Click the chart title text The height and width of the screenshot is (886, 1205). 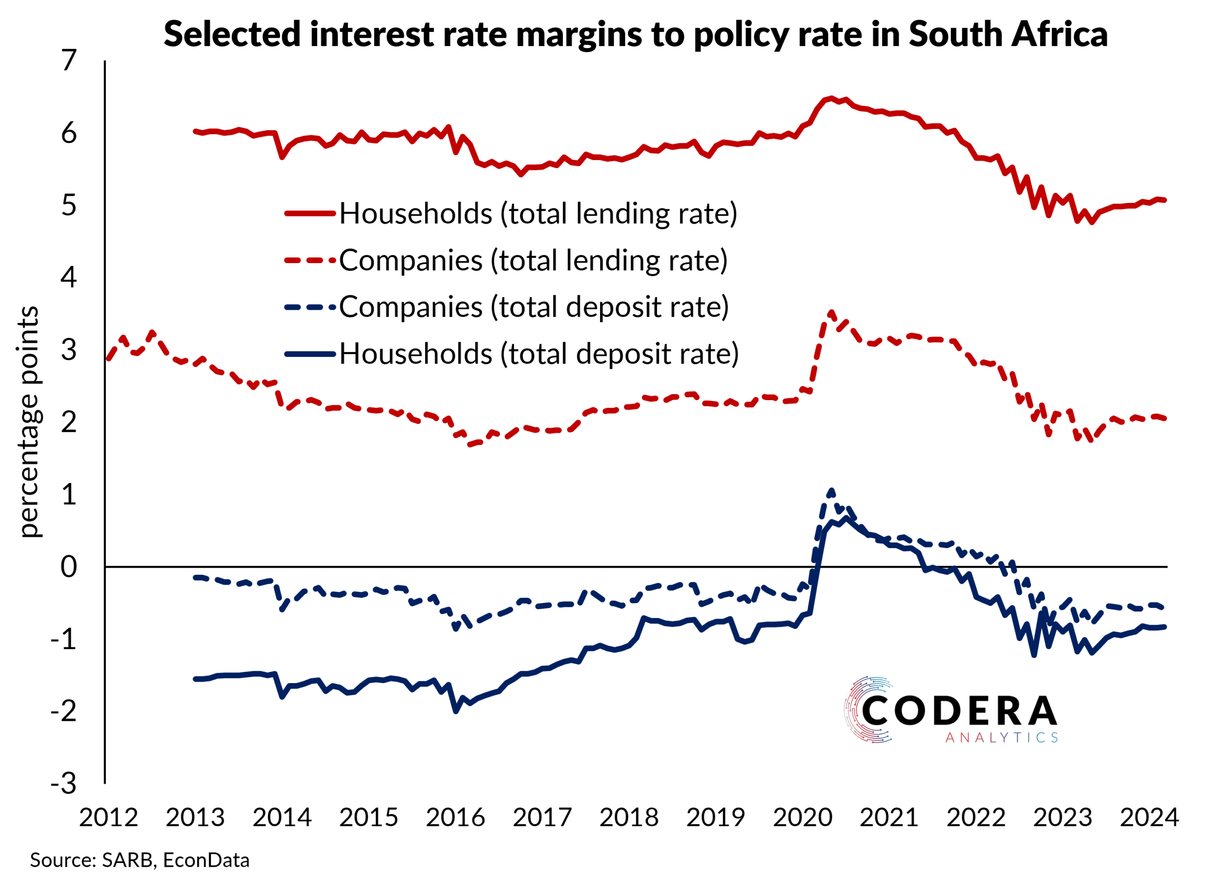click(635, 34)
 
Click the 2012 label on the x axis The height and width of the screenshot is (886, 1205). click(108, 817)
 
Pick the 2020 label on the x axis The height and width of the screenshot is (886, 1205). click(802, 817)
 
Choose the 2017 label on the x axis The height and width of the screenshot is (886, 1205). click(542, 817)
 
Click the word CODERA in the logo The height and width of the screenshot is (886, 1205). click(959, 711)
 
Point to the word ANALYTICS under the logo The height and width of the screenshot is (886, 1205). click(1001, 738)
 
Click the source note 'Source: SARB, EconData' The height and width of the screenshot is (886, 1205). click(140, 860)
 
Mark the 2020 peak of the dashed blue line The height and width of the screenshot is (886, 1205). click(831, 491)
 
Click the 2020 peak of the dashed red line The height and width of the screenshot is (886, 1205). click(831, 313)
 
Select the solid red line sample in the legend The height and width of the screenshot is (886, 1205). click(310, 213)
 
